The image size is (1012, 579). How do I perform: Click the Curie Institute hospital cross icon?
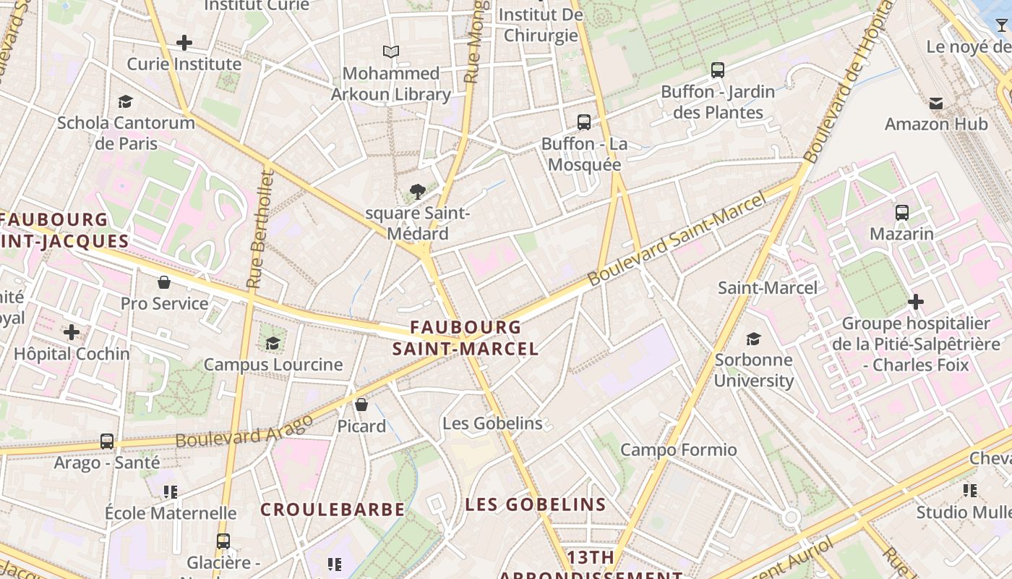pyautogui.click(x=184, y=43)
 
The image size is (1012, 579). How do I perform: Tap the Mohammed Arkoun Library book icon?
pyautogui.click(x=391, y=52)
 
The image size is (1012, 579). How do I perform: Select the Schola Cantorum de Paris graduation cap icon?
pyautogui.click(x=126, y=101)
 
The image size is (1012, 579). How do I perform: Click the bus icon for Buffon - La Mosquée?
pyautogui.click(x=584, y=122)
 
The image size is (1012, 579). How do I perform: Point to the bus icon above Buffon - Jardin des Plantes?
pyautogui.click(x=718, y=70)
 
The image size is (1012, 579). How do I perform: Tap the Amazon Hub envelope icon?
pyautogui.click(x=936, y=103)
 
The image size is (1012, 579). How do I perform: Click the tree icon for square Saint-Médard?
pyautogui.click(x=417, y=192)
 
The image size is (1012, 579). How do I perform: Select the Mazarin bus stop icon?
pyautogui.click(x=902, y=213)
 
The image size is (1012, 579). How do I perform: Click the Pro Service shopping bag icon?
pyautogui.click(x=164, y=282)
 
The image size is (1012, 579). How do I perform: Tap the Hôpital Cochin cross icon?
pyautogui.click(x=72, y=332)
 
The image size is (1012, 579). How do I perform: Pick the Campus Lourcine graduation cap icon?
pyautogui.click(x=273, y=343)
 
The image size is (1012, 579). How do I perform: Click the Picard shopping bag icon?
pyautogui.click(x=361, y=405)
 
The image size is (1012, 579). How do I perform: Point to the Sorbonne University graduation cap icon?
pyautogui.click(x=754, y=339)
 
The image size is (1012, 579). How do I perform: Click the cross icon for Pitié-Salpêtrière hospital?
pyautogui.click(x=916, y=301)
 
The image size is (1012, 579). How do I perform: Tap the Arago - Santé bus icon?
pyautogui.click(x=107, y=441)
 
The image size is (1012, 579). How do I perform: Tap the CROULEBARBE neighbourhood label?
pyautogui.click(x=333, y=510)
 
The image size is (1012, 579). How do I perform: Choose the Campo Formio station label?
pyautogui.click(x=679, y=450)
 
